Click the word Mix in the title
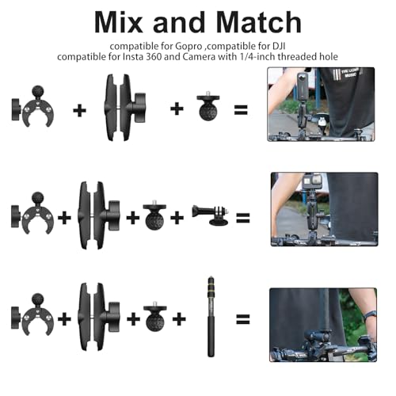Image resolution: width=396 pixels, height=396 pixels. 118,22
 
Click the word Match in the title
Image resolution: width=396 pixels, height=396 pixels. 259,22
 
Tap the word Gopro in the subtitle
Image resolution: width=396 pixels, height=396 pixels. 188,47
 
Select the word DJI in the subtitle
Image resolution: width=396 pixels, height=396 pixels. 279,46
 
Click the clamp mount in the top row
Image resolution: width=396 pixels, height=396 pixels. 32,106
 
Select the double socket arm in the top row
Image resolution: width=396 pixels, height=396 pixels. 124,107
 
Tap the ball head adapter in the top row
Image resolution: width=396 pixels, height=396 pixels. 208,106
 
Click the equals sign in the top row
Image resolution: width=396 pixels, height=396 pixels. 241,109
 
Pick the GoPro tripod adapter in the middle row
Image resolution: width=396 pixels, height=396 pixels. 211,215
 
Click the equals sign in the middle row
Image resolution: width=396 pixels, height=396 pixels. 243,218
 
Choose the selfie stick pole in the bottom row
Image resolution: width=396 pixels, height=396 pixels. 211,317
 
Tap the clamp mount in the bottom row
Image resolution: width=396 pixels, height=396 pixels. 32,315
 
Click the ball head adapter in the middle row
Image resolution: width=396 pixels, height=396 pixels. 154,215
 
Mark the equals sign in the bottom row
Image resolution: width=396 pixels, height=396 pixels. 243,319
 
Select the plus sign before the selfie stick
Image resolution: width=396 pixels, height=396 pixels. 179,319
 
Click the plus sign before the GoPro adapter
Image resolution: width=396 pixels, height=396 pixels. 177,218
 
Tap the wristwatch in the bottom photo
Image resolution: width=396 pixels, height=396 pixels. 370,315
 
